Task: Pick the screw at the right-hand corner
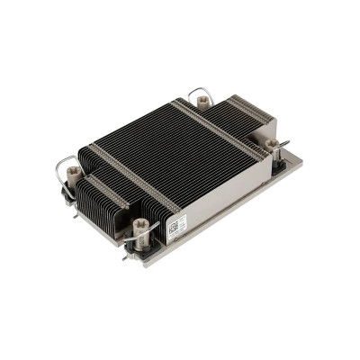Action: click(272, 144)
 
